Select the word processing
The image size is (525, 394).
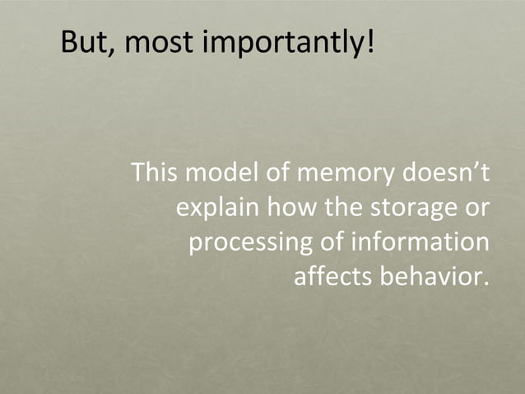tap(249, 245)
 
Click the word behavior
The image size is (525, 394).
tap(434, 277)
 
